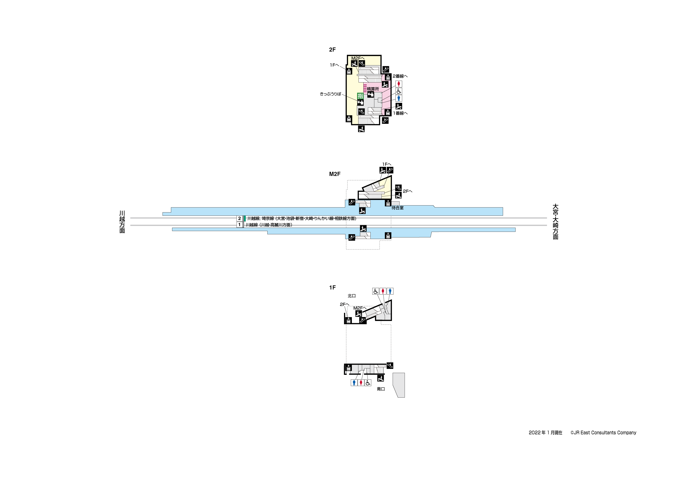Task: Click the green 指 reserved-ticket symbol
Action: click(360, 96)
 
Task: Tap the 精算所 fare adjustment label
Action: click(373, 89)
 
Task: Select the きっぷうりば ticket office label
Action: click(330, 94)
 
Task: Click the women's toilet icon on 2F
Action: click(399, 84)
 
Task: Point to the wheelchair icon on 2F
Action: click(399, 91)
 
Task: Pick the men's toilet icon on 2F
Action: click(399, 98)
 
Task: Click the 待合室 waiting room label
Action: click(397, 208)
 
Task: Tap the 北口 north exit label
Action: click(351, 296)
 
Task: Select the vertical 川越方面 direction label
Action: click(122, 222)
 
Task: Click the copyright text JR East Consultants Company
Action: click(603, 433)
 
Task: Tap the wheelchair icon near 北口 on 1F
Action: click(376, 291)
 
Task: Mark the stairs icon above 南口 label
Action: click(381, 378)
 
